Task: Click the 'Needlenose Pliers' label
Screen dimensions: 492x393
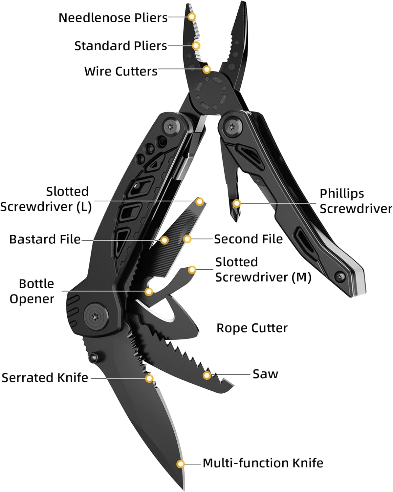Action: point(113,18)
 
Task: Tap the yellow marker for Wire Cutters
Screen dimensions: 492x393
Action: point(207,70)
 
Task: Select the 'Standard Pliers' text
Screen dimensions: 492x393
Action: point(120,46)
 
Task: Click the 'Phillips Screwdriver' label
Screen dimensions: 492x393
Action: point(356,201)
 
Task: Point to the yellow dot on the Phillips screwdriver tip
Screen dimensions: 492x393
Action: point(236,203)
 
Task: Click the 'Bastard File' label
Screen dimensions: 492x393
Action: point(45,239)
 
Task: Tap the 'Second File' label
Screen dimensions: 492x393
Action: point(248,239)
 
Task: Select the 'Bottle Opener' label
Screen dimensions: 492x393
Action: point(32,291)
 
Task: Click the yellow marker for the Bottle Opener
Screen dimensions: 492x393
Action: point(149,291)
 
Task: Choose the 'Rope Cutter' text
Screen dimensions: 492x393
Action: point(252,328)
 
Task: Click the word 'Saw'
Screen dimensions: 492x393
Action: point(265,374)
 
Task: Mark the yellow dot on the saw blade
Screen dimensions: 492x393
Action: point(207,375)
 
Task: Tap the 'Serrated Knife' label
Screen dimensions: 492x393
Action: point(45,378)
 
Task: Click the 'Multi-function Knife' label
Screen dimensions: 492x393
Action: point(263,463)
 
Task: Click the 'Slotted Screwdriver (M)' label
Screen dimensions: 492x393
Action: point(263,270)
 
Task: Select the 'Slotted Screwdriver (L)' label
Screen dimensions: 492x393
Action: point(46,199)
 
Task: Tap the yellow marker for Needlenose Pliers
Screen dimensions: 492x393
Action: point(192,16)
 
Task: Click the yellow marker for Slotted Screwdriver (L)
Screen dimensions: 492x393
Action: point(200,201)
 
